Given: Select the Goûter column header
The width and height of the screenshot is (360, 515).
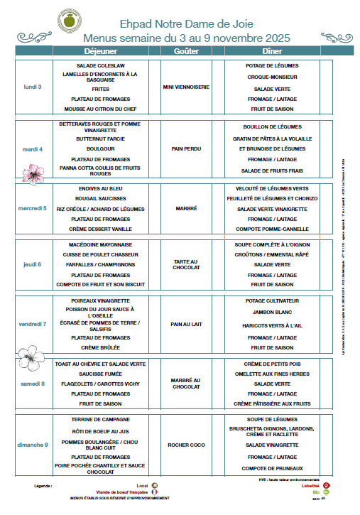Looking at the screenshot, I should coord(185,51).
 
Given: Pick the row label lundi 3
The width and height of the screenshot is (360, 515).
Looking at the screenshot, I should coord(33,87).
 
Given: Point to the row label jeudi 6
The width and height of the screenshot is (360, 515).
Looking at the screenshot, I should coord(33,264).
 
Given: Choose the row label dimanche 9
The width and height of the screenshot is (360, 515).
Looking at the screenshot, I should coord(33,445).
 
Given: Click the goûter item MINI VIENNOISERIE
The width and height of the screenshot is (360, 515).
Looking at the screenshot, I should coord(185,87).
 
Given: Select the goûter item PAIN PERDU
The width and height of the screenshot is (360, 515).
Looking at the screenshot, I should coord(185,149).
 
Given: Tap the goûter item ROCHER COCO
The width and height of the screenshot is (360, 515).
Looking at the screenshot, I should coord(185,445).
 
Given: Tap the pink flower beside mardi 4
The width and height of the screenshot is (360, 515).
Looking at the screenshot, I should coord(32,172).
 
